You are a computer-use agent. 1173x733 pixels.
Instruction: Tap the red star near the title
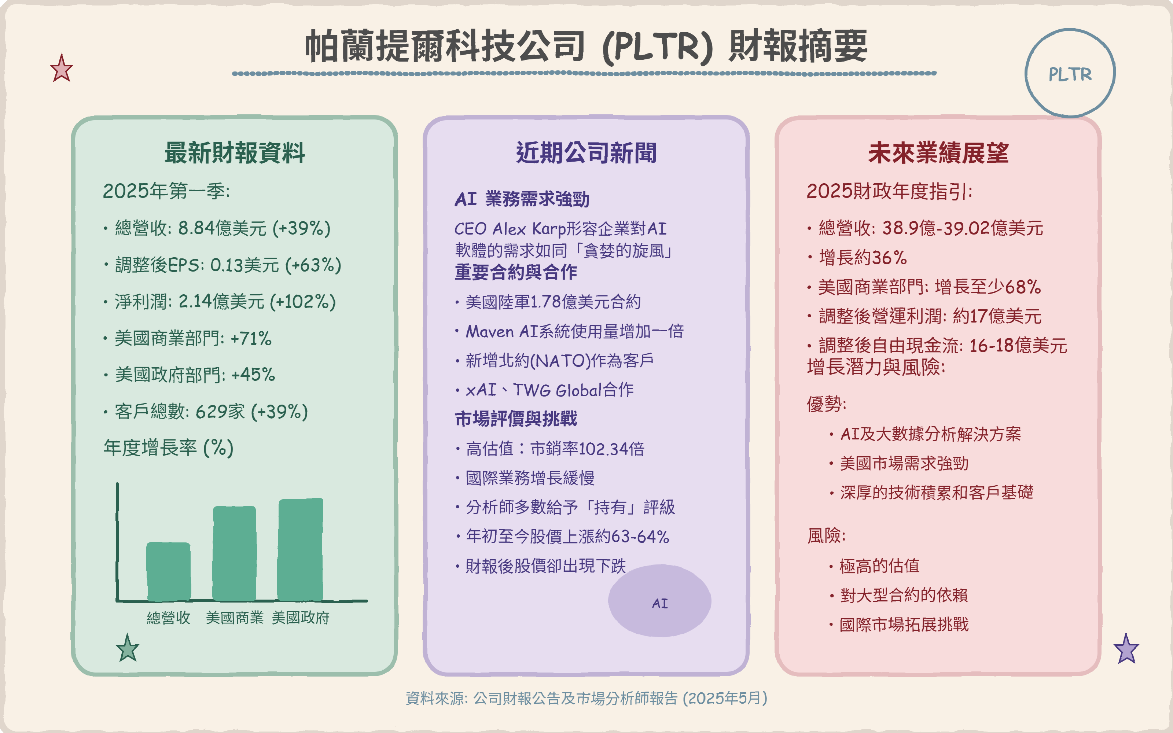tap(62, 69)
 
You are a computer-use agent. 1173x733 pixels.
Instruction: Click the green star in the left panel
tap(128, 649)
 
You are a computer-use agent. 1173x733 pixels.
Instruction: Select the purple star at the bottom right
tap(1126, 649)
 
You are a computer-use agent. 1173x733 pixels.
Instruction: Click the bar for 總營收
tap(168, 572)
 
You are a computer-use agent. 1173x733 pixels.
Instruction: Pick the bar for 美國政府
tap(301, 549)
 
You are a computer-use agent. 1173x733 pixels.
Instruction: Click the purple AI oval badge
tap(660, 601)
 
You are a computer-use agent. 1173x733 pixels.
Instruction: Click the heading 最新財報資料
tap(235, 153)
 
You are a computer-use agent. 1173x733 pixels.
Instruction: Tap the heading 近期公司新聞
tap(586, 153)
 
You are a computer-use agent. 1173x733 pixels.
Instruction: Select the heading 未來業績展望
tap(938, 153)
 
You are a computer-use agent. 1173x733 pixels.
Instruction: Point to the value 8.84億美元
tap(223, 228)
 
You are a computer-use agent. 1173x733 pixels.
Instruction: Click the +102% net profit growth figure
tap(302, 302)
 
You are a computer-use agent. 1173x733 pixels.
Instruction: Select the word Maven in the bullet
tap(490, 332)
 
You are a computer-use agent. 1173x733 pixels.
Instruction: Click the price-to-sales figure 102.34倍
tap(612, 449)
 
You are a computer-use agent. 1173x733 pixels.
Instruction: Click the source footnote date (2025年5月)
tap(725, 699)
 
